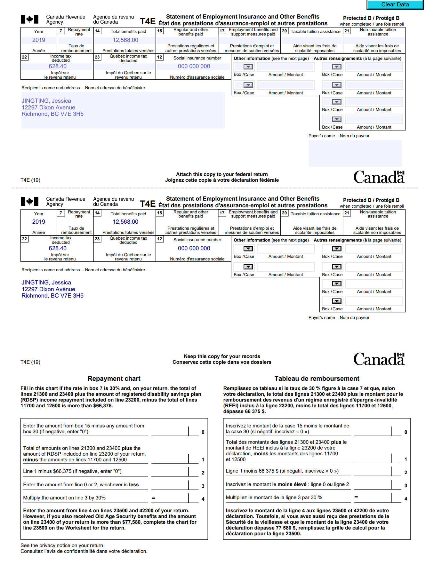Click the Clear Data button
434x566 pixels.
point(395,4)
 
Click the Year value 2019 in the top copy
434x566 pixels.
point(39,40)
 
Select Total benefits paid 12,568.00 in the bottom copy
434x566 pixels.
point(125,222)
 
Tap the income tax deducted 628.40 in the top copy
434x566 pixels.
point(58,66)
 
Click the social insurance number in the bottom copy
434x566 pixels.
point(194,248)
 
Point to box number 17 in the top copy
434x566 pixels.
point(222,31)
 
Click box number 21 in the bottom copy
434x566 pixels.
point(347,213)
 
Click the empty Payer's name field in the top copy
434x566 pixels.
point(355,153)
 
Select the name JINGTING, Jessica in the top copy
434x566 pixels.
point(46,101)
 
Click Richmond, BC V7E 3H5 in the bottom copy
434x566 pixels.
point(52,296)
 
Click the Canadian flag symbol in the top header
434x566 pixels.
point(29,20)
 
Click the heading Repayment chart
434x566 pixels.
point(114,379)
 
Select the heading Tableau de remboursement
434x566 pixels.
point(317,379)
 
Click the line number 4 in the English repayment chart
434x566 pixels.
point(203,499)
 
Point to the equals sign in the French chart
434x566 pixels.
point(356,497)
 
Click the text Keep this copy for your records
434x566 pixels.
point(222,356)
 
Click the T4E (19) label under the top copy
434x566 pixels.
point(30,180)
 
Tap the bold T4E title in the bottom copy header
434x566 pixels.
point(148,204)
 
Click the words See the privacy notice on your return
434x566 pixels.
point(62,546)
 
